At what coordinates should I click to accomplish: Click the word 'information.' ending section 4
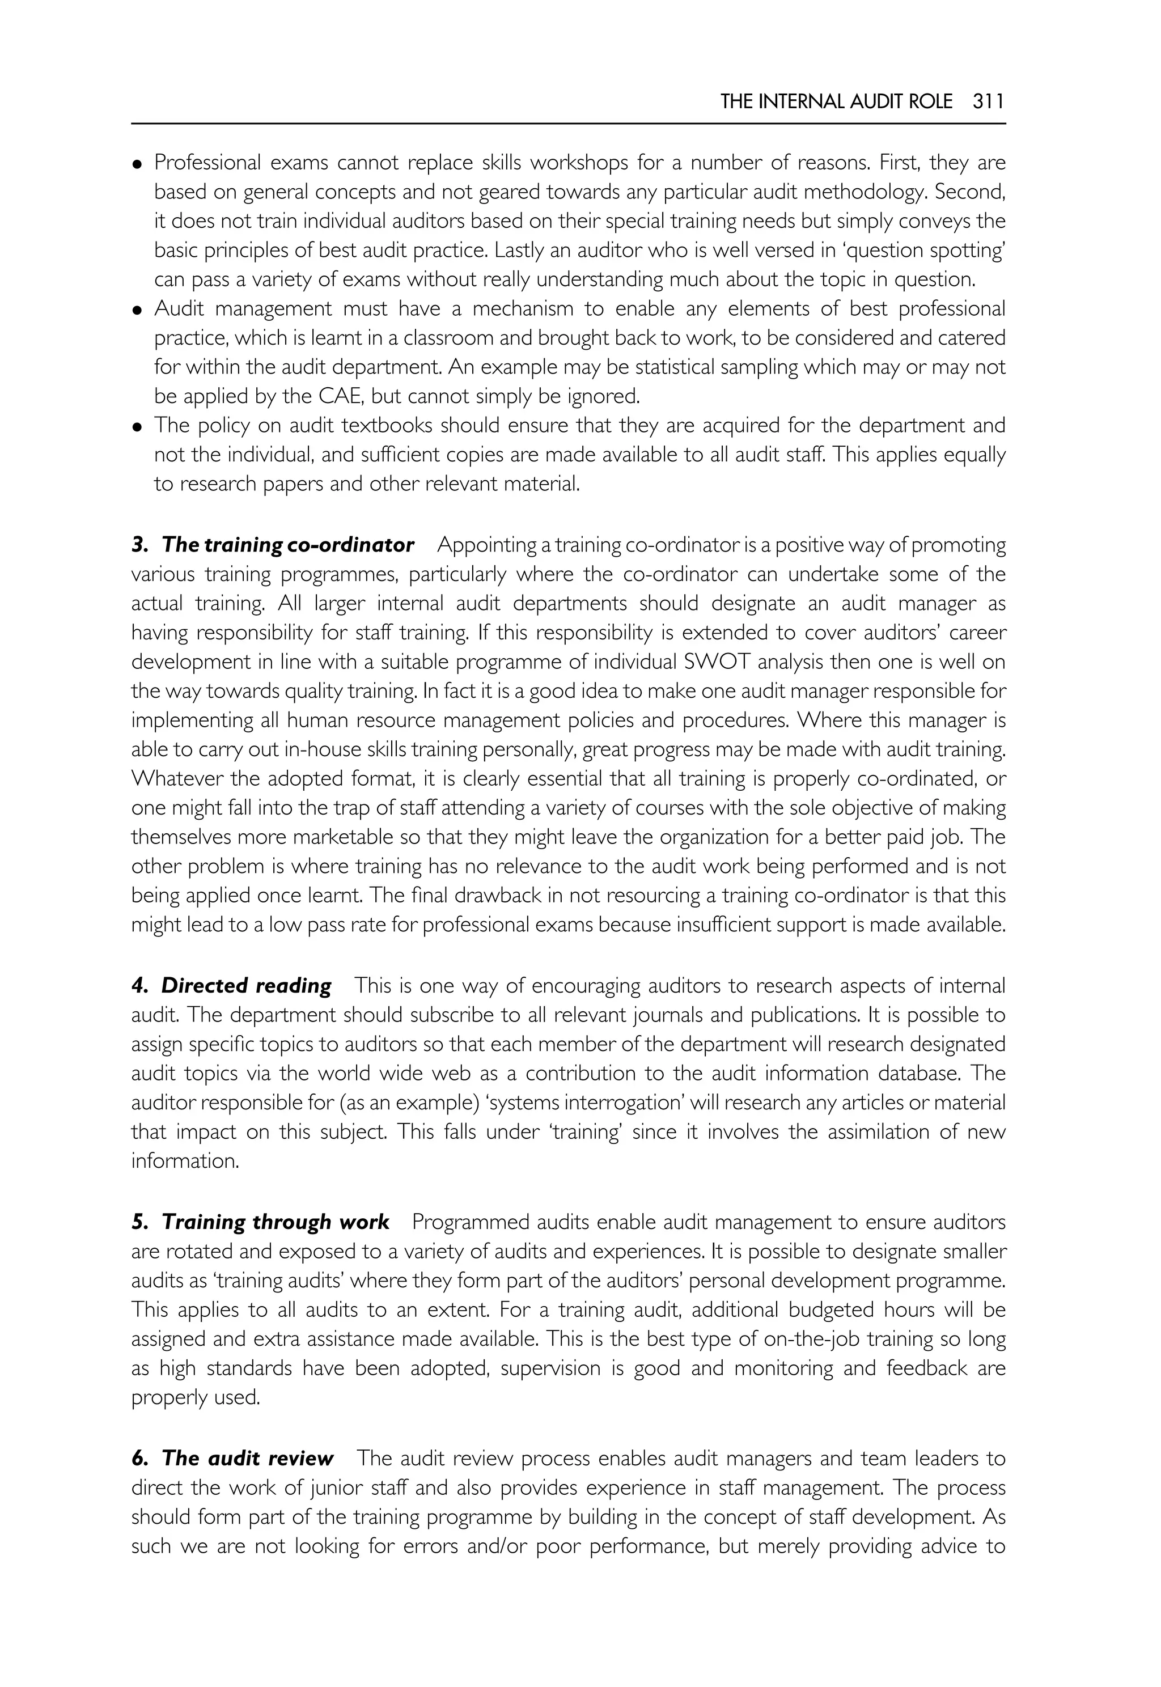click(185, 1161)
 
